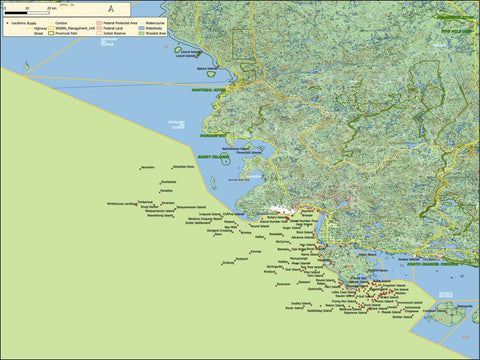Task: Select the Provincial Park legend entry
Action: coord(100,33)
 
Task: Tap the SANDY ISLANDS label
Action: coord(213,157)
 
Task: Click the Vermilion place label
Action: coord(149,167)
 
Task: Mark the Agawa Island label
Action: coord(208,69)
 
